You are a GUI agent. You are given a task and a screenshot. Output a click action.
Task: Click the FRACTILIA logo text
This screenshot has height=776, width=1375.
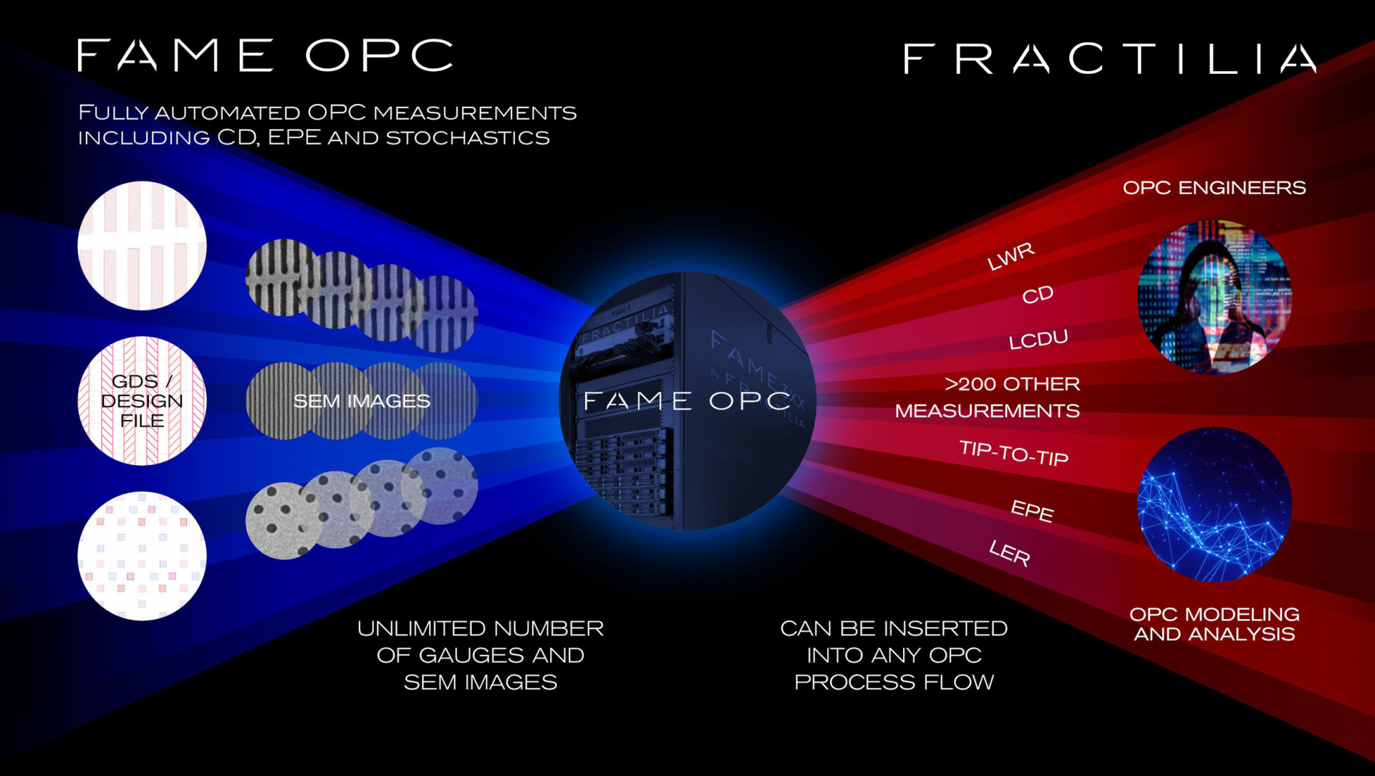(x=1109, y=59)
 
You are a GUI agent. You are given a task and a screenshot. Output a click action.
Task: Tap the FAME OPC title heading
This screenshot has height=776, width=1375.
(x=265, y=55)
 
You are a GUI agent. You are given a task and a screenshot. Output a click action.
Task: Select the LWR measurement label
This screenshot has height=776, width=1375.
(x=1011, y=256)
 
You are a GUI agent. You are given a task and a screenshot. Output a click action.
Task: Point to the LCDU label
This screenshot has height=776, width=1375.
(x=1038, y=339)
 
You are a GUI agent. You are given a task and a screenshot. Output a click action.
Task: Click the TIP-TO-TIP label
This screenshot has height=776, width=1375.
(x=1014, y=453)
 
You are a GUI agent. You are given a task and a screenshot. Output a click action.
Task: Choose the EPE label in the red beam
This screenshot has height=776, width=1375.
(x=1032, y=511)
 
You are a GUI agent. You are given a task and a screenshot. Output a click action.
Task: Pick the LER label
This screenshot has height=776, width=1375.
(x=1010, y=552)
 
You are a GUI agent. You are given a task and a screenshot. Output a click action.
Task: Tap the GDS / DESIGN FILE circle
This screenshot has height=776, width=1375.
(x=142, y=401)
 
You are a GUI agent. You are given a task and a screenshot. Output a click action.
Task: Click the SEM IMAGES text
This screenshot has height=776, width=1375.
(x=362, y=401)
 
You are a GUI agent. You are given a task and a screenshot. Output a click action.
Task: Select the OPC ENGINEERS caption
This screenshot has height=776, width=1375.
(x=1214, y=188)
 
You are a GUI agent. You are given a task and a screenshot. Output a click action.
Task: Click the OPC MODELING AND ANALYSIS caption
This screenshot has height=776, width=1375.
(x=1215, y=624)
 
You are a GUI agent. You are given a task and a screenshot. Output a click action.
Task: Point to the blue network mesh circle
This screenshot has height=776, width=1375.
(x=1215, y=504)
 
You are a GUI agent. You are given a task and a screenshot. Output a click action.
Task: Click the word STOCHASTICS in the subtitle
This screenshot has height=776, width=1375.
(x=468, y=138)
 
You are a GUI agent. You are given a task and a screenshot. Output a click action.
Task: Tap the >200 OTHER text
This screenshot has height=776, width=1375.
(x=1013, y=384)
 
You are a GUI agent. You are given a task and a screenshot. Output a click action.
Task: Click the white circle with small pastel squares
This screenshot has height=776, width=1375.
(x=142, y=556)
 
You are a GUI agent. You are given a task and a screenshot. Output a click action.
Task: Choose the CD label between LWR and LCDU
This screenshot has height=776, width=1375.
(x=1038, y=294)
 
